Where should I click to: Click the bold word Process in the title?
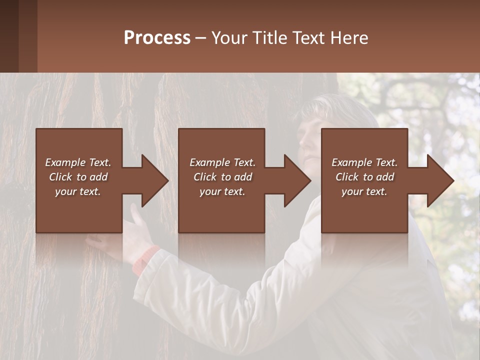[x=157, y=38]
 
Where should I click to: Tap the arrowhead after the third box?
[x=439, y=180]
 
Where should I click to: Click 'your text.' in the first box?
[x=78, y=191]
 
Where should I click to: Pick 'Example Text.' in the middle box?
[x=222, y=162]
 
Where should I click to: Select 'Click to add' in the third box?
[x=365, y=177]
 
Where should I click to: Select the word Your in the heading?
[x=229, y=38]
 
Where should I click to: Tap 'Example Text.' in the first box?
[x=78, y=162]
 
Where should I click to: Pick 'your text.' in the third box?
[x=364, y=191]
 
